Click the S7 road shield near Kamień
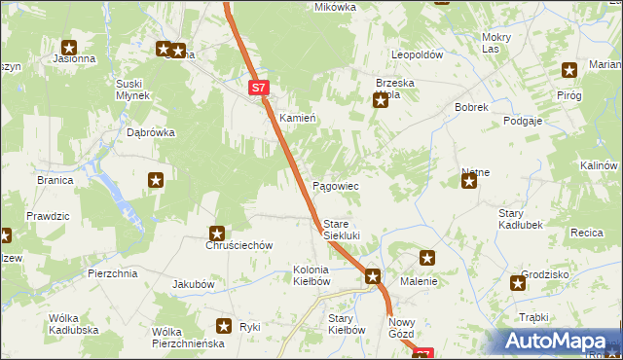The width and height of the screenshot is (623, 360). coord(257,88)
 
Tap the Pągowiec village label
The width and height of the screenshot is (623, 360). coord(335,185)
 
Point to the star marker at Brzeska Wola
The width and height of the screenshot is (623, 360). coord(381,99)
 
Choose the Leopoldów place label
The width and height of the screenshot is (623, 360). coord(417,54)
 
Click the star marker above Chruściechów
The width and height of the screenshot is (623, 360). coord(217,233)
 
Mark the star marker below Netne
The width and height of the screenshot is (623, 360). coord(469,180)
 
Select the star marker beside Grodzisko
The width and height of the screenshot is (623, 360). coord(518,283)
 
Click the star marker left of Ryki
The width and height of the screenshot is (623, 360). coord(224,327)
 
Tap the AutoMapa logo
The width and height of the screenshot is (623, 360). coord(561,342)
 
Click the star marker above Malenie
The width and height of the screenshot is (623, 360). coord(427,258)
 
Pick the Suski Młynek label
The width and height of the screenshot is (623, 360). coord(131,90)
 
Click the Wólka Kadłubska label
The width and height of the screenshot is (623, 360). coord(77,324)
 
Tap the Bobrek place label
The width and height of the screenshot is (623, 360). coord(470,107)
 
